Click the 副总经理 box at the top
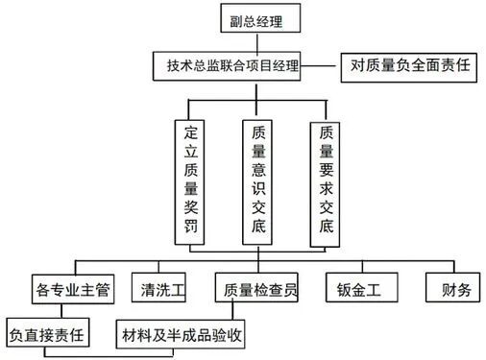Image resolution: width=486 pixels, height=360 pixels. pos(255,19)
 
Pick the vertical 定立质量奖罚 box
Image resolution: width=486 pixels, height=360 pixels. pos(189,181)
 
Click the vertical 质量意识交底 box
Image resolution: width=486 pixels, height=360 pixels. pos(257,181)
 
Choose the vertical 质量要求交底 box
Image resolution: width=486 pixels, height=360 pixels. pos(327,181)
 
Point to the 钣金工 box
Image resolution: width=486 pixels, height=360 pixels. pos(359,289)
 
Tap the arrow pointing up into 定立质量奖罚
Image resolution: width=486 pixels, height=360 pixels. pos(189,110)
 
